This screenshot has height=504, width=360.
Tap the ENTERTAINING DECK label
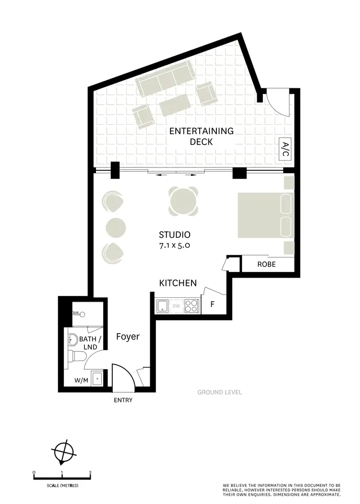point(201,136)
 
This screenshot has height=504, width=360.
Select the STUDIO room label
point(175,235)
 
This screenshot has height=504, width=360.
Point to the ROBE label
point(266,264)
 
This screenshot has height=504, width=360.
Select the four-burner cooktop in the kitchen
point(191,305)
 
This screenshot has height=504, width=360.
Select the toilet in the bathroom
point(78,356)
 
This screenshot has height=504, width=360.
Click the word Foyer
point(128,337)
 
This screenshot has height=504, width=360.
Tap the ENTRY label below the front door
point(123,400)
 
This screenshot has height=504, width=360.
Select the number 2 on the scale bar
point(90,472)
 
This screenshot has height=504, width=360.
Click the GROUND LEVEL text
point(219,392)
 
